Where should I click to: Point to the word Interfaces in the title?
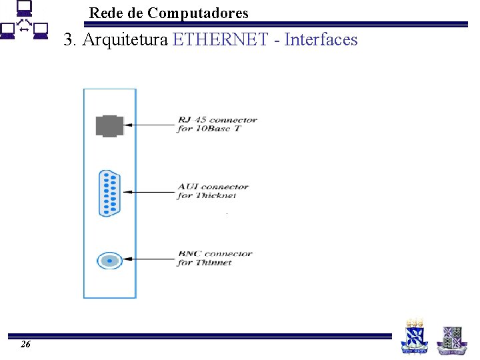321,40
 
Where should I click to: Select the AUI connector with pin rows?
109,193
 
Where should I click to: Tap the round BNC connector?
109,260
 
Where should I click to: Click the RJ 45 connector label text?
217,124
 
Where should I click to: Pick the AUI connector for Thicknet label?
213,191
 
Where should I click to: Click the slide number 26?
25,345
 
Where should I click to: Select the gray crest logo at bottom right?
452,339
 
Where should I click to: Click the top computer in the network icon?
23,9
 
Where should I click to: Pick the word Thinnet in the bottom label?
214,263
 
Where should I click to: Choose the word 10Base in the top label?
215,129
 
